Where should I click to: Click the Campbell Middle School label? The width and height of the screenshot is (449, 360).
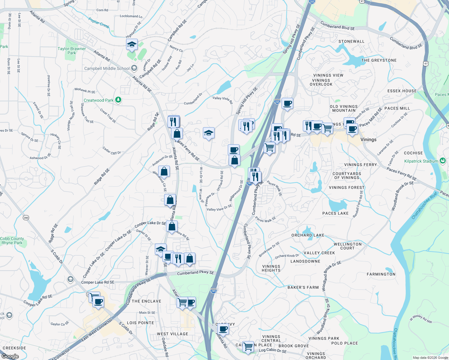107,68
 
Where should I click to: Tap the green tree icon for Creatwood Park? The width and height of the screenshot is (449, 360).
118,100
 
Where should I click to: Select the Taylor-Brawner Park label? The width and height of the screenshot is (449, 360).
72,51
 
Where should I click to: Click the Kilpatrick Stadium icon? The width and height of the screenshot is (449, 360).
442,161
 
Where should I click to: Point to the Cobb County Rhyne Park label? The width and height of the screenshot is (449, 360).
12,241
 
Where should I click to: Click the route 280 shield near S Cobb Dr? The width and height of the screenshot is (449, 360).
26,217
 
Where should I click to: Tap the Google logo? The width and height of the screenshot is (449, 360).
10,356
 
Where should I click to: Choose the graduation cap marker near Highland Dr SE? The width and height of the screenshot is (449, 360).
132,45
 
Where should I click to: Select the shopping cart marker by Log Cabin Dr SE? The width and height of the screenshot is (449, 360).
248,346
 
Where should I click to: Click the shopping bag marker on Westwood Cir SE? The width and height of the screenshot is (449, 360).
164,172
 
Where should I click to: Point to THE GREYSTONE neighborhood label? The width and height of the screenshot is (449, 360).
379,60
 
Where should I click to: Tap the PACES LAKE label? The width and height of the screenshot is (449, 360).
335,213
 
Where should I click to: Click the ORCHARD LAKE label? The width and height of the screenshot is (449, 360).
308,235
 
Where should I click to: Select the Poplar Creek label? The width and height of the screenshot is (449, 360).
99,23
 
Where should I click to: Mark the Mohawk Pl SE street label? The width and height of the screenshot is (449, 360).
85,90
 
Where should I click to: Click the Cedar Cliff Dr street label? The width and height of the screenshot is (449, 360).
112,151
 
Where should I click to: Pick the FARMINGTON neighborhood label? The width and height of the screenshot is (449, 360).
381,274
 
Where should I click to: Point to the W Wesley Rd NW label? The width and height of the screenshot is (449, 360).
421,319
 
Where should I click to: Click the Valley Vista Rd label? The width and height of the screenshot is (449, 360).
222,100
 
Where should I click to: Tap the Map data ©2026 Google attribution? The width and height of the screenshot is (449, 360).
430,358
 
